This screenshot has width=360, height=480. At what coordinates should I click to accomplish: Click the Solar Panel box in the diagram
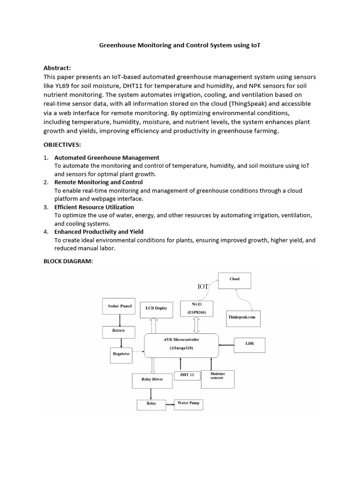(x=120, y=306)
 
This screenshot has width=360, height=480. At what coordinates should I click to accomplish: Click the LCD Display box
(x=156, y=309)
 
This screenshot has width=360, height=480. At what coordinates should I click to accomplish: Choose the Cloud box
(x=234, y=280)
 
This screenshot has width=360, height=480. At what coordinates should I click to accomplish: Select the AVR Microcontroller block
(x=181, y=345)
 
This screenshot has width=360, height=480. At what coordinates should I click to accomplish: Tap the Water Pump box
(x=188, y=403)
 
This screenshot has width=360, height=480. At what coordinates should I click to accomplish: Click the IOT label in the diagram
(x=202, y=286)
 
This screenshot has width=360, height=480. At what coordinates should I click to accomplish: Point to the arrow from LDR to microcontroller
(x=226, y=345)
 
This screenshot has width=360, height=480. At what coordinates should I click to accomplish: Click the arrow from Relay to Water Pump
(x=170, y=403)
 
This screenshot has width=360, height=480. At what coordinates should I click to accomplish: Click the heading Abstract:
(x=57, y=68)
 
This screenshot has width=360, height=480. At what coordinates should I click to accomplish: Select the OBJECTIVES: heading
(x=62, y=145)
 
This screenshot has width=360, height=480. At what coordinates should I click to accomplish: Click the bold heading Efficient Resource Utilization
(x=94, y=207)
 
